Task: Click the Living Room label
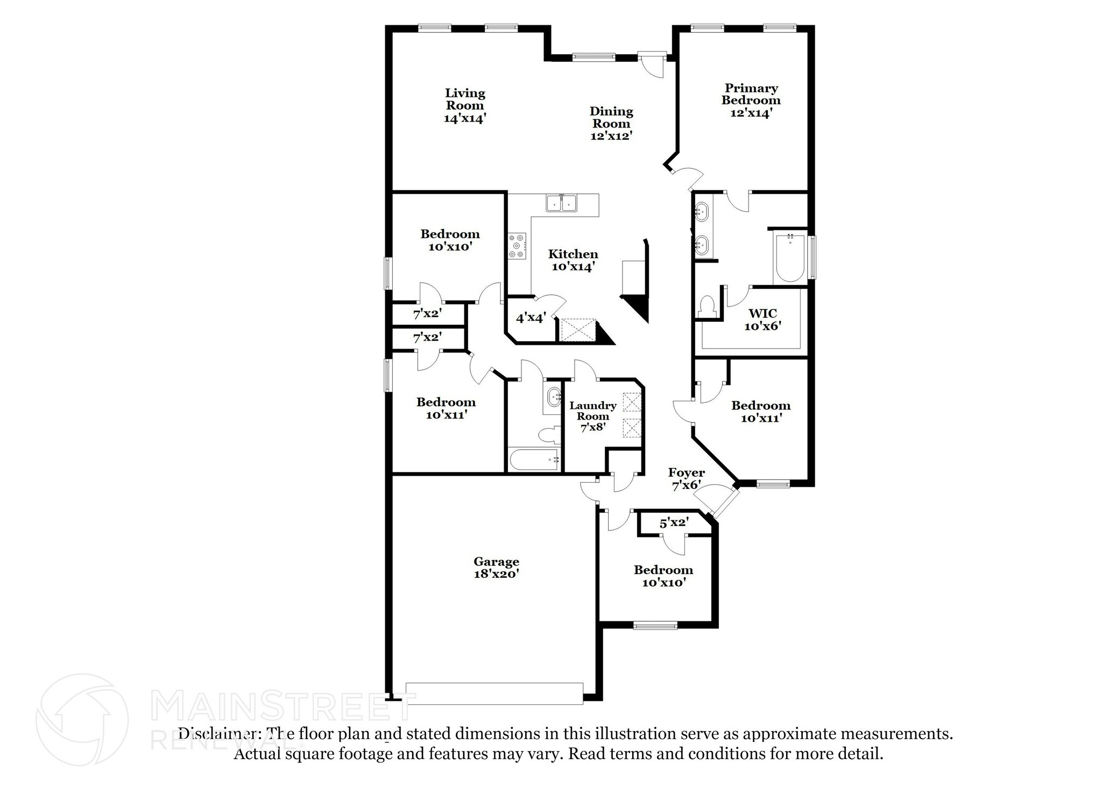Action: point(465,106)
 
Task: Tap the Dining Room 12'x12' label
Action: point(611,123)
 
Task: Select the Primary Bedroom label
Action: point(751,100)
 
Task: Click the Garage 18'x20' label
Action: point(496,568)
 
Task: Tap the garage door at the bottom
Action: point(494,693)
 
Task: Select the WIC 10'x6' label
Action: point(762,320)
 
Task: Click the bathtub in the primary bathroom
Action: point(790,258)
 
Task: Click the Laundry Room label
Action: point(592,416)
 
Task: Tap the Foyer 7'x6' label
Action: point(686,479)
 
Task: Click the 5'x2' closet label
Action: point(674,522)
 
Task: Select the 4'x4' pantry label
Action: point(531,318)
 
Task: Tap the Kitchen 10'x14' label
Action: point(573,260)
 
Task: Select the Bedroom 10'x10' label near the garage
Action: point(663,576)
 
